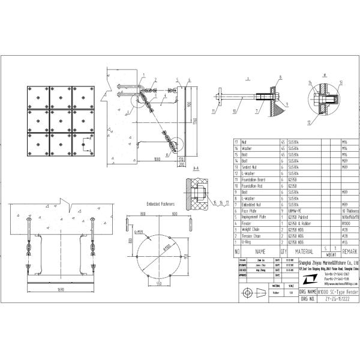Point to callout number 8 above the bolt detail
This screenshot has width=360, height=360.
(279, 77)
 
